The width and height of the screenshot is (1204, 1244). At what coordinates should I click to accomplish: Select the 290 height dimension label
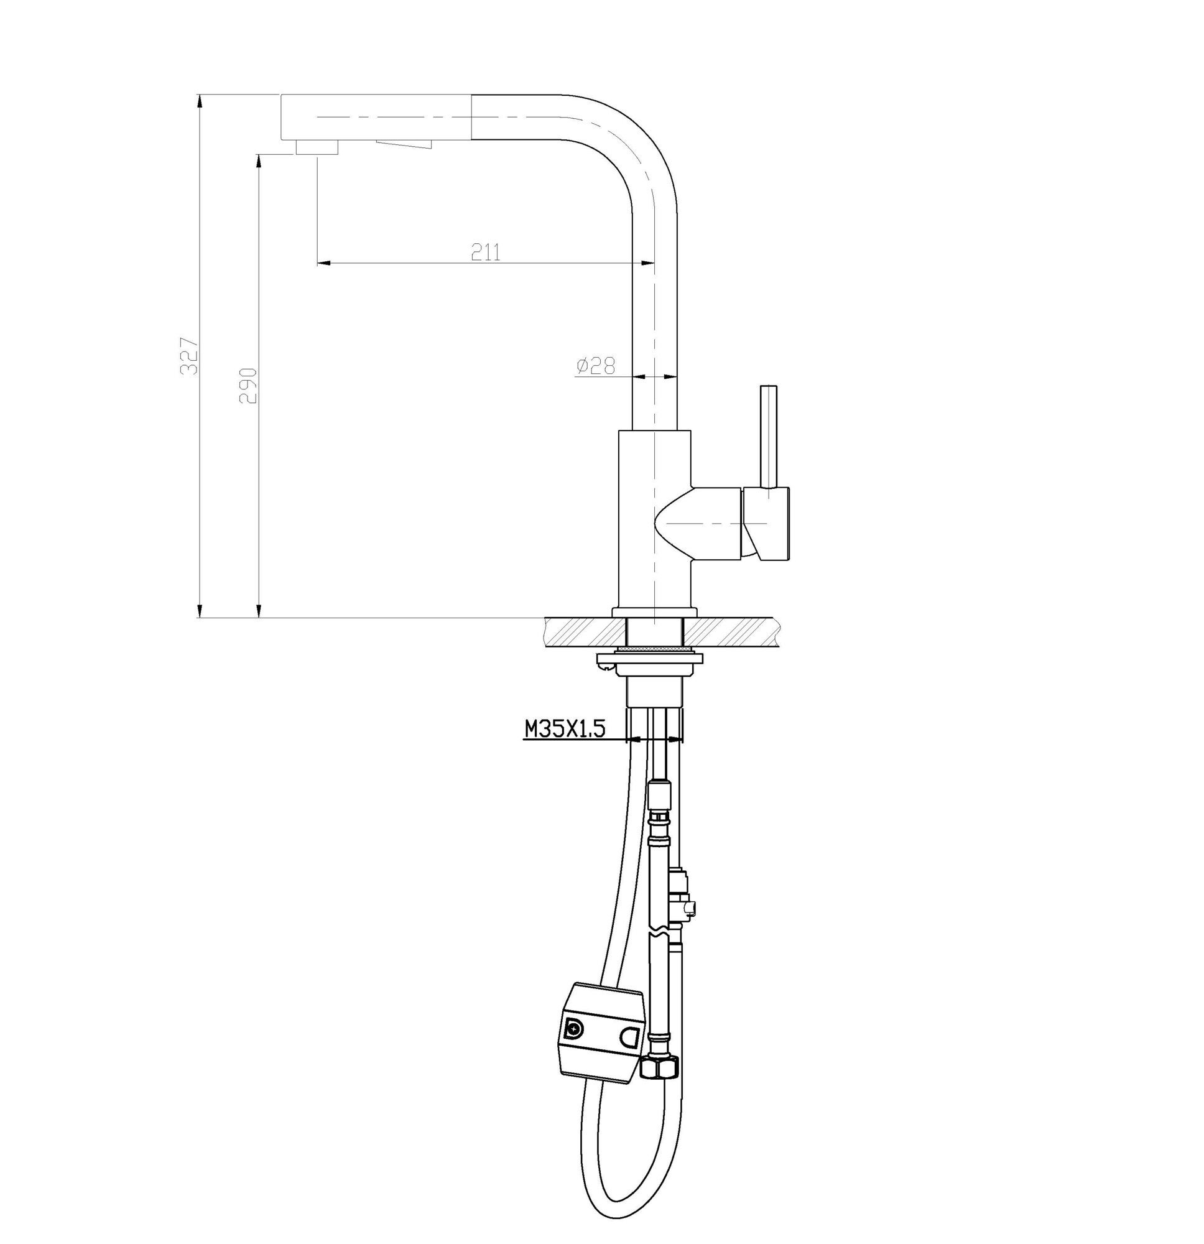tap(248, 385)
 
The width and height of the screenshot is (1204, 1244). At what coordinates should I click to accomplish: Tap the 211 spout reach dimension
tap(486, 252)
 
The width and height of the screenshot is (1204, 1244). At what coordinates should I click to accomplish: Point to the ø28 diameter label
tap(595, 366)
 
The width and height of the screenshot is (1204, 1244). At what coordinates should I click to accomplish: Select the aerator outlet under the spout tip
tap(317, 147)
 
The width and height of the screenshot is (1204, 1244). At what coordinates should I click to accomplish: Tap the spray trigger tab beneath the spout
tap(404, 144)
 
